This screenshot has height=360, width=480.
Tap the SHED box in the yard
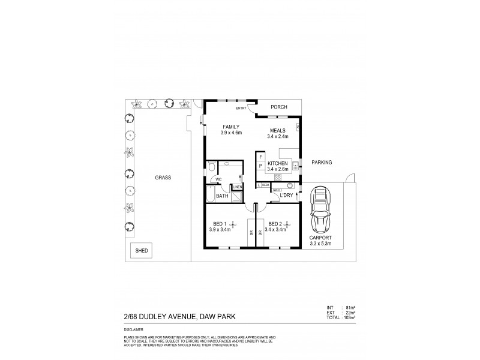click(142, 250)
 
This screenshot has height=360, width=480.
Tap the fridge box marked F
click(260, 157)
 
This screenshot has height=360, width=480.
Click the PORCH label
click(279, 107)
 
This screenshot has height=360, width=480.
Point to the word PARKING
click(322, 162)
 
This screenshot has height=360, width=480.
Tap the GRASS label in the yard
click(163, 178)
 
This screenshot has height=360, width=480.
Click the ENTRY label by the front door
click(241, 108)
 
